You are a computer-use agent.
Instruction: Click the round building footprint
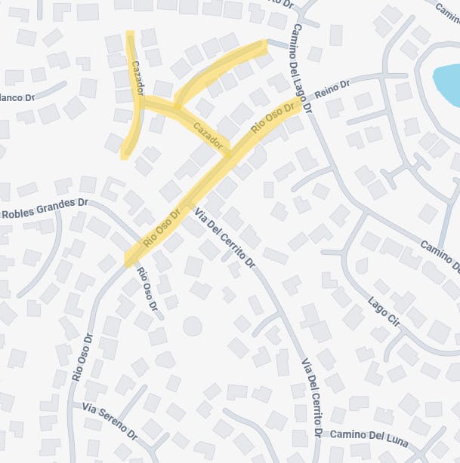[x=193, y=326]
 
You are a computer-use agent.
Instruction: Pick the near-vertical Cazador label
[x=137, y=78]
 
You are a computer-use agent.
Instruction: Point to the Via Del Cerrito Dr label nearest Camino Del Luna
[x=313, y=397]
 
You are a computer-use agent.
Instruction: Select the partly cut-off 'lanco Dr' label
[x=18, y=97]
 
